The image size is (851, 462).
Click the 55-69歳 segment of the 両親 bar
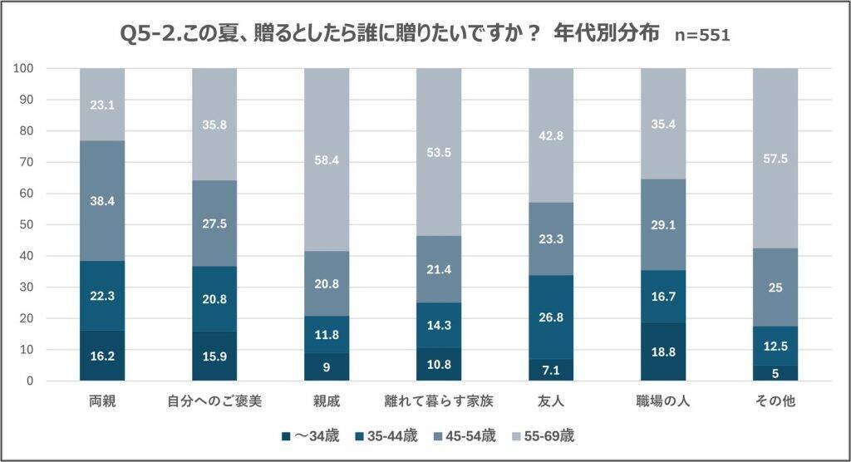[x=102, y=104]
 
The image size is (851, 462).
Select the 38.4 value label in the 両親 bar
[x=102, y=200]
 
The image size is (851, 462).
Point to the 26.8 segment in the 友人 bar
[x=551, y=317]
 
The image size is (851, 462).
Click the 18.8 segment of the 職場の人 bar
[x=663, y=351]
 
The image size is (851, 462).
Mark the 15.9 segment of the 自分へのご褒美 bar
[x=214, y=356]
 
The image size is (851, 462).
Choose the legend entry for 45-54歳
[x=465, y=435]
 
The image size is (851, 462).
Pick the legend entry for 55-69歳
[x=542, y=435]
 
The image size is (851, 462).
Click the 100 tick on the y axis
[x=23, y=68]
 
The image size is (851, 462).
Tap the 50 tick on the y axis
[x=27, y=224]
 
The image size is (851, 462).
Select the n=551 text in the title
[x=702, y=35]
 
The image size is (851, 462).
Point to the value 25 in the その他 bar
[x=775, y=288]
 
